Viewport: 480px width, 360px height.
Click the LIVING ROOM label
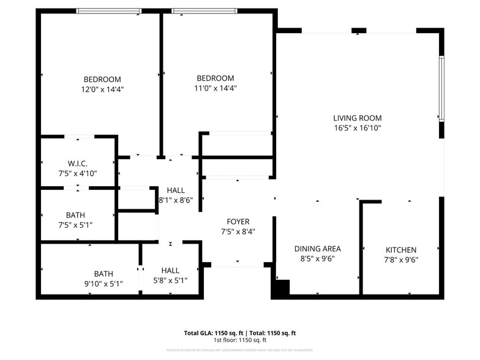coord(357,118)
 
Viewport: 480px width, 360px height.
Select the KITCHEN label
coord(401,250)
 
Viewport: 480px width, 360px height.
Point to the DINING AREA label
coord(317,249)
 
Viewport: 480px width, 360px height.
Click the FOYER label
coord(238,222)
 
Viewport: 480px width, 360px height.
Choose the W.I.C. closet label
coord(78,163)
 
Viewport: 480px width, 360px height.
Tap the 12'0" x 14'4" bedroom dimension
coord(102,89)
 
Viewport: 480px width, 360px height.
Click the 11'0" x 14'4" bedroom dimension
coord(215,88)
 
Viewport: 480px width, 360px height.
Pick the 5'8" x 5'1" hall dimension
coord(170,280)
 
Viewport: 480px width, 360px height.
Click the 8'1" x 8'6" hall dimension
coord(176,200)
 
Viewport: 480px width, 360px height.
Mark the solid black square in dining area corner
coord(280,288)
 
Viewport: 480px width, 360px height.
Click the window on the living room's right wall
coord(441,89)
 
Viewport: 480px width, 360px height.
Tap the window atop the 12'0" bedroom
coord(109,11)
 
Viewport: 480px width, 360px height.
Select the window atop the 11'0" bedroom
coord(204,11)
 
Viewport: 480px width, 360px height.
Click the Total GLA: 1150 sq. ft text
coord(214,333)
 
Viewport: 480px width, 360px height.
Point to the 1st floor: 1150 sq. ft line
coord(240,340)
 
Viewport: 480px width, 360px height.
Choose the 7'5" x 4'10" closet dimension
coord(78,173)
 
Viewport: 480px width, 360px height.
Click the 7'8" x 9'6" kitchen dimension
coord(401,260)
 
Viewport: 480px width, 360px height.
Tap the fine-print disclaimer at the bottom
coord(240,350)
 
